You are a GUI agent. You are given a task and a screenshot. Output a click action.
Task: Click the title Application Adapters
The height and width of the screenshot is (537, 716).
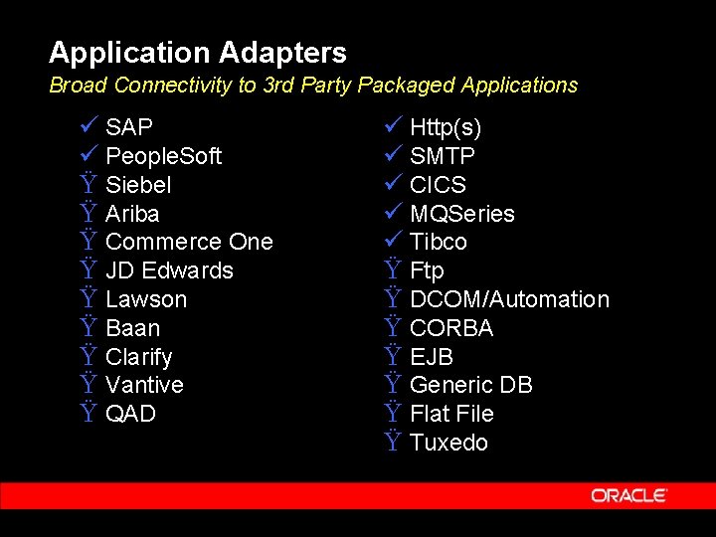pos(198,52)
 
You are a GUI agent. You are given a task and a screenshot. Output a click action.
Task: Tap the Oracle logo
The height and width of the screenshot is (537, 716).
pos(628,495)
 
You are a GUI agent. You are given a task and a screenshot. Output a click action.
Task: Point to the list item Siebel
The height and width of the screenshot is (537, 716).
pos(138,185)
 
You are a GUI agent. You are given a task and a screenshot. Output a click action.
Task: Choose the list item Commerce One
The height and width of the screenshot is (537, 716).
pos(189,242)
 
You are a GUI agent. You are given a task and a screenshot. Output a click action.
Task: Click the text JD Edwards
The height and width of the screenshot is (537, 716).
pos(169,270)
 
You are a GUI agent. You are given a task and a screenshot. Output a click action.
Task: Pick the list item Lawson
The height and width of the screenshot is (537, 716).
pos(146,299)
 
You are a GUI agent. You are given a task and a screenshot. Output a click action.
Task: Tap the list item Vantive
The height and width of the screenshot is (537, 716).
pos(144,385)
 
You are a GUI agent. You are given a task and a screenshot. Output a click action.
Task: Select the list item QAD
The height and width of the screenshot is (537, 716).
pos(130,414)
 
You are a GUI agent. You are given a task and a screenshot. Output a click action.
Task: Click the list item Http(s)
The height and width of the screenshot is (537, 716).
pos(446,127)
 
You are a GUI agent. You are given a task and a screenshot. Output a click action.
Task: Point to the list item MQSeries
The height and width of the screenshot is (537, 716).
pos(462,214)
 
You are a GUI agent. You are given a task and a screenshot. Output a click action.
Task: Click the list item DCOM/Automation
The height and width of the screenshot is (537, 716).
pos(509,299)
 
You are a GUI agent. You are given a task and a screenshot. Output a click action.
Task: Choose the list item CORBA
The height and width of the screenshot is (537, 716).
pos(451,328)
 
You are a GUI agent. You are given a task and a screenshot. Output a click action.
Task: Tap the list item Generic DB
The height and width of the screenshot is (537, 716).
pos(470,385)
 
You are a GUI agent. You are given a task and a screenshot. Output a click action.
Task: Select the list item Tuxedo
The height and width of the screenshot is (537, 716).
pos(448,443)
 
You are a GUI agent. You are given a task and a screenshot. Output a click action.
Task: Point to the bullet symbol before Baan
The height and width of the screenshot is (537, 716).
pos(88,328)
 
